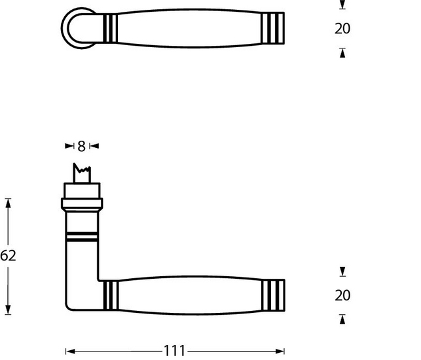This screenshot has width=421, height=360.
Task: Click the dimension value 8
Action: click(x=81, y=146)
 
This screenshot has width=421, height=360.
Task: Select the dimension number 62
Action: click(x=8, y=256)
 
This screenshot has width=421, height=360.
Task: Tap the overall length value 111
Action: click(x=174, y=351)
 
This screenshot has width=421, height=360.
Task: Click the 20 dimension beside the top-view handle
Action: click(x=342, y=29)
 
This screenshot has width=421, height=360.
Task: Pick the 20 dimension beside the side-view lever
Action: click(x=342, y=296)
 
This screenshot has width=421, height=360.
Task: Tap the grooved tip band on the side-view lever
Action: click(x=274, y=296)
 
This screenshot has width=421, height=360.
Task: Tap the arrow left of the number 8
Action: click(x=69, y=146)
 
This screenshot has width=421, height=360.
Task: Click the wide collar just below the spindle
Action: click(x=82, y=194)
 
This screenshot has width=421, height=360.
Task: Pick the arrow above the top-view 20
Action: click(x=342, y=5)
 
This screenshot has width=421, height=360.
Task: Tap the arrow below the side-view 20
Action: click(x=342, y=319)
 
